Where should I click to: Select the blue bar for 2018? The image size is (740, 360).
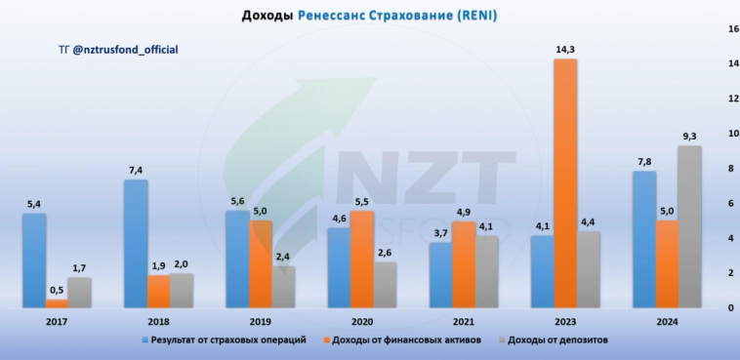pos(136,244)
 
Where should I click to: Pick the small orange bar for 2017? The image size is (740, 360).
pos(58,303)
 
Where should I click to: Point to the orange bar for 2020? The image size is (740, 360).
pos(361,260)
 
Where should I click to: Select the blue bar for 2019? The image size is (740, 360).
pos(237,260)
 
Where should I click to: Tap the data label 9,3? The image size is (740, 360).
pos(690,136)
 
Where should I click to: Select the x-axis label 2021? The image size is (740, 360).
pos(464,321)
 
